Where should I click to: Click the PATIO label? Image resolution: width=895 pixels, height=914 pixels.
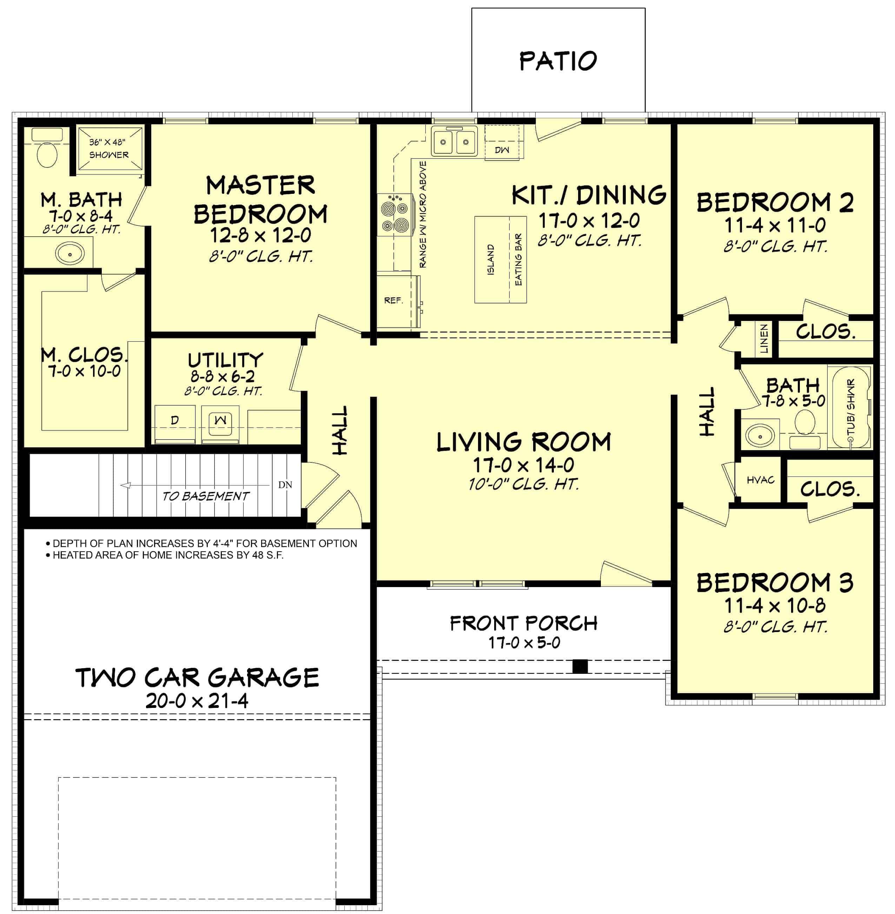558,61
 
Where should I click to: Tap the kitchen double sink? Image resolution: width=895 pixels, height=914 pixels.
454,141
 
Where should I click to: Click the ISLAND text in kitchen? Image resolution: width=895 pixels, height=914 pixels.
491,259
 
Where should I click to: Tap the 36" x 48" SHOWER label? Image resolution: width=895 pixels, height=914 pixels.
108,148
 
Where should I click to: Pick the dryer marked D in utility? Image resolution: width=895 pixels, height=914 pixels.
174,420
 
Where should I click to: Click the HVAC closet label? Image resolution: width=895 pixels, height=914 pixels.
761,480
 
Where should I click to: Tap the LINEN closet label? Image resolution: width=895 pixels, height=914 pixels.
764,338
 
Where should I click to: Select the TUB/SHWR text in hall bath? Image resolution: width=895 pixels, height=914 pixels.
850,407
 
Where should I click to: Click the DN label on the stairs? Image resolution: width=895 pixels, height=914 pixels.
285,484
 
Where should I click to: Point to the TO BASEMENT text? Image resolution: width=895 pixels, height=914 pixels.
205,496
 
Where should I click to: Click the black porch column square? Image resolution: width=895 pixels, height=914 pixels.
580,666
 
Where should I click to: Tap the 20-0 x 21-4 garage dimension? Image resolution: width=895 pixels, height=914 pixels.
197,701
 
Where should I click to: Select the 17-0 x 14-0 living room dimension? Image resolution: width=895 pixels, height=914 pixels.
523,465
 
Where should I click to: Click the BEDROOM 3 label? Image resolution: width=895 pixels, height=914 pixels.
775,583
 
